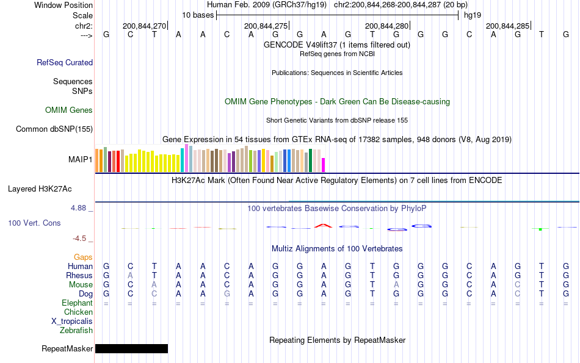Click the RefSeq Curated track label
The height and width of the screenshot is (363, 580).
point(65,62)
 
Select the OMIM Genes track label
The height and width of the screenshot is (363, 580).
point(69,110)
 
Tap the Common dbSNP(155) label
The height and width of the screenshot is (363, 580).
point(54,129)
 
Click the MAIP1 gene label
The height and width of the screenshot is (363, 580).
point(81,159)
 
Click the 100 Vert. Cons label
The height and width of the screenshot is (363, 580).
point(34,223)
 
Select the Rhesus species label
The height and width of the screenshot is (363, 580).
point(79,275)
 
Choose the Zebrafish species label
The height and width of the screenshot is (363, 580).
point(76,330)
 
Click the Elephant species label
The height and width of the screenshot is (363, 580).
point(77,303)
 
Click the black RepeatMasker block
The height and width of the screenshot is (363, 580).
point(131,348)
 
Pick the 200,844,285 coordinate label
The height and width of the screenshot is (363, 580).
point(507,26)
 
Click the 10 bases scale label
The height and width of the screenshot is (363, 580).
point(198,15)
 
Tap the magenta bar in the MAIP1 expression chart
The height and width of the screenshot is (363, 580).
point(324,165)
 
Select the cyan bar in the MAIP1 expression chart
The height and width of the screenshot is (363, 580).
point(182,160)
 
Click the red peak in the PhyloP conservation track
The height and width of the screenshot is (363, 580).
point(323,226)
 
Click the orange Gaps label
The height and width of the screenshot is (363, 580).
point(83,257)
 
